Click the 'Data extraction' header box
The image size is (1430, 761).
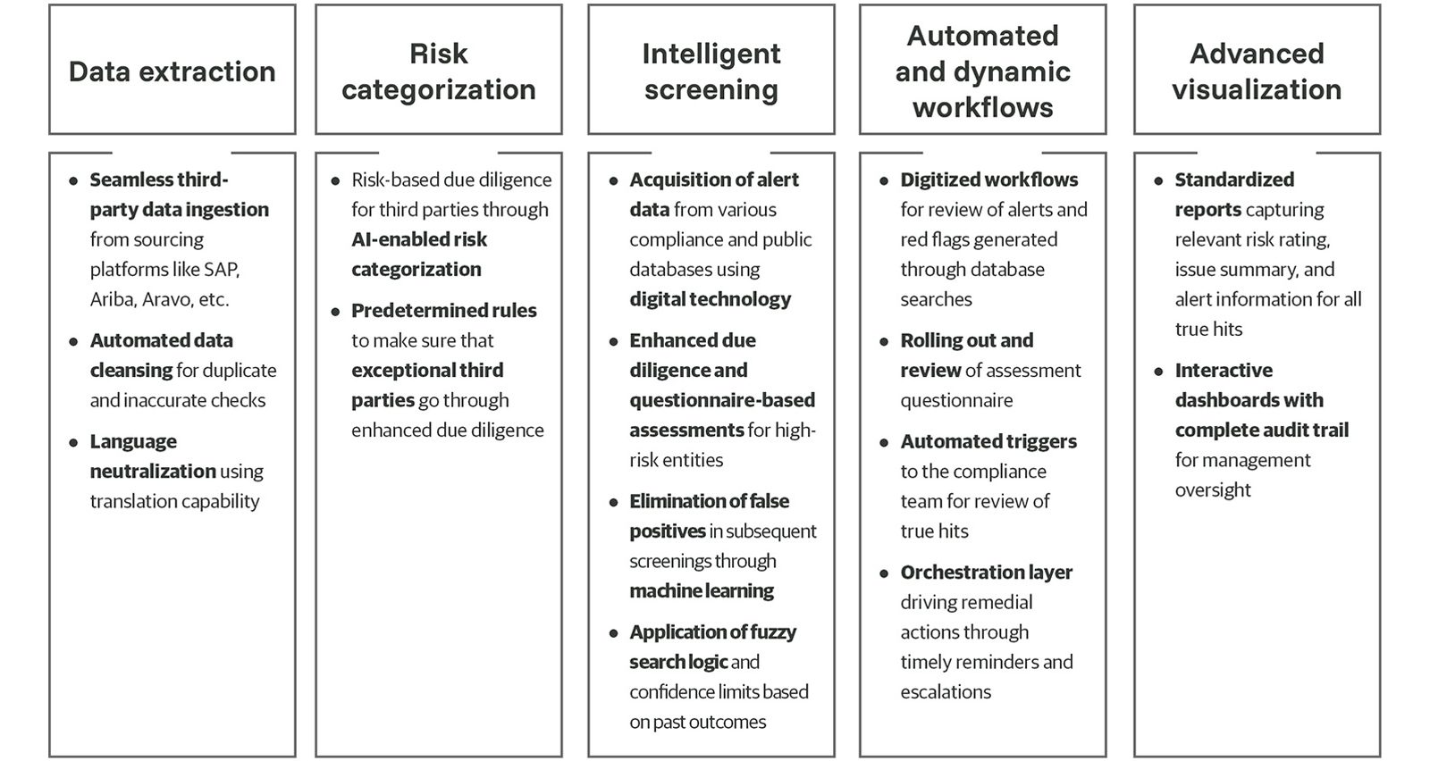point(172,70)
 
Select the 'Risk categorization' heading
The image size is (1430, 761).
point(439,71)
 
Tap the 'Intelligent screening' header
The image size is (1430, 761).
point(711,71)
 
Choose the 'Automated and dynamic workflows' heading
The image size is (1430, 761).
point(982,71)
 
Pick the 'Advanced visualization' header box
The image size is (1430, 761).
point(1257,70)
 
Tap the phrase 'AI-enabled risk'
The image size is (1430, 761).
point(419,239)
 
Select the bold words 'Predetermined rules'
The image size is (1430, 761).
point(443,311)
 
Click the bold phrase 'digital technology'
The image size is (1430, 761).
point(710,299)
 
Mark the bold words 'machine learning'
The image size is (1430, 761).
point(702,590)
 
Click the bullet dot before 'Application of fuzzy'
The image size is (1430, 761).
point(613,633)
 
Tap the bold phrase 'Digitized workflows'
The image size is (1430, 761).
point(988,180)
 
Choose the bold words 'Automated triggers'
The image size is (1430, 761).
point(988,441)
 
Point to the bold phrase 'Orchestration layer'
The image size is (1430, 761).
point(987,573)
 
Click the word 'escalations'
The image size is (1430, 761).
point(946,691)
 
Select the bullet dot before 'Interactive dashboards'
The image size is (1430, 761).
point(1158,372)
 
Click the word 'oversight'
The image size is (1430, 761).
point(1212,489)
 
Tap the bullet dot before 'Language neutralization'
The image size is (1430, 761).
point(73,443)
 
